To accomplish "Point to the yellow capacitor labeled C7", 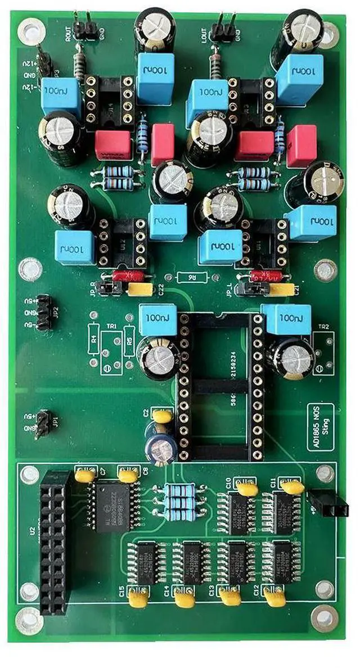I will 85,476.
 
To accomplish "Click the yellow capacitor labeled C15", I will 138,599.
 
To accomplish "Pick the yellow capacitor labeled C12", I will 274,598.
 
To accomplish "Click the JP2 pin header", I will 43,311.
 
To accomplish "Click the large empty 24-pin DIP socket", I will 220,385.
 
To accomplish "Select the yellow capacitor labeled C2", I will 162,417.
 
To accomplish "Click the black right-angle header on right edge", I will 328,504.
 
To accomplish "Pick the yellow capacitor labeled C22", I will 141,289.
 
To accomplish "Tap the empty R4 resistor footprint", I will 94,342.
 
